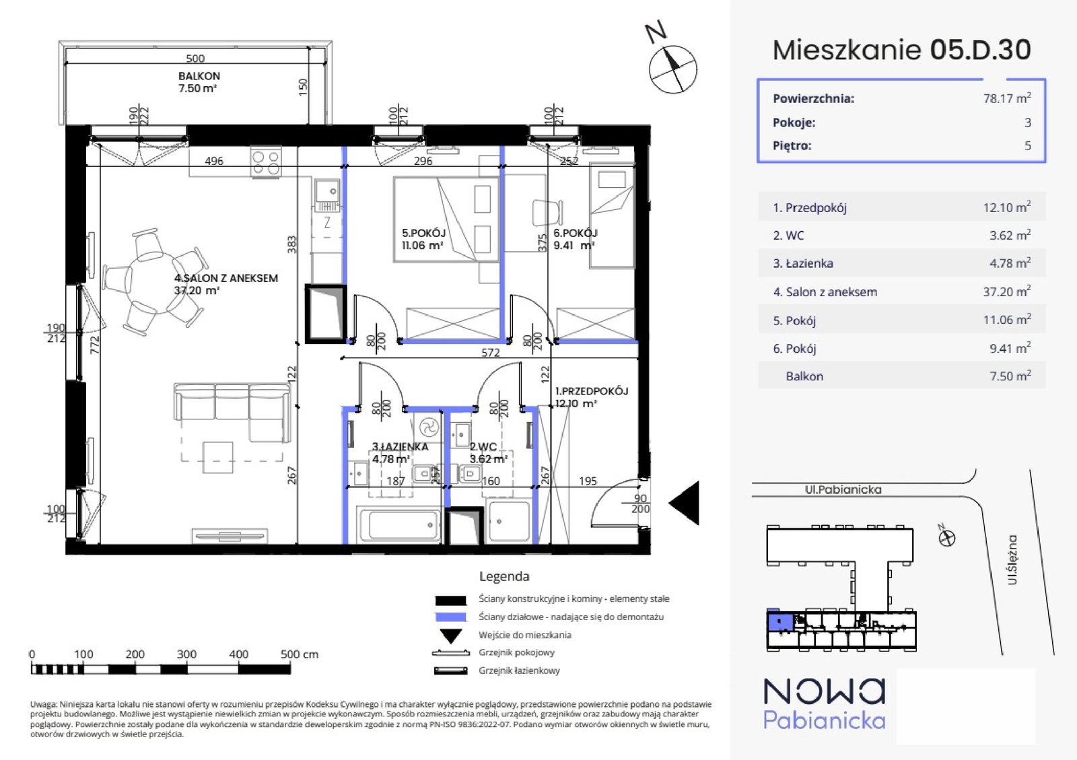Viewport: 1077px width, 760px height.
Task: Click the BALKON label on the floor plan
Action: (199, 76)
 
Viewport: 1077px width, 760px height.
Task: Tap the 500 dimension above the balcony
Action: (195, 58)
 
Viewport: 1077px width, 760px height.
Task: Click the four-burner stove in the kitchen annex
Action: (266, 162)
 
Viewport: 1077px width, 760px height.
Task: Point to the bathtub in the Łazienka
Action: (398, 524)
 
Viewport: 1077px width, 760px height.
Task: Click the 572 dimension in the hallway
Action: (491, 352)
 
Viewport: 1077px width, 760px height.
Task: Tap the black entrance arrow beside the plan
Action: (684, 504)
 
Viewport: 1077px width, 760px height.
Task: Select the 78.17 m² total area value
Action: (1007, 98)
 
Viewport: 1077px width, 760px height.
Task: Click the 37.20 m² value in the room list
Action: (1007, 291)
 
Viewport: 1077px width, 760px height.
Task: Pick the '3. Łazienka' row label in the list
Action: (803, 263)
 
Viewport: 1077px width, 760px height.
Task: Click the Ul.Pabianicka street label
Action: (843, 489)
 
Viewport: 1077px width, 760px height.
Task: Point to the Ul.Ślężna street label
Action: (1012, 559)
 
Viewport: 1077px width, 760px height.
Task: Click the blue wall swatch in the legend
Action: (450, 617)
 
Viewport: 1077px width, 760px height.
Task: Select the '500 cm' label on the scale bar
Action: (299, 654)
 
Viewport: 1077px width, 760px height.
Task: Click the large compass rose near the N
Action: (672, 69)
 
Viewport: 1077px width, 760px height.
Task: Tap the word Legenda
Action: (504, 576)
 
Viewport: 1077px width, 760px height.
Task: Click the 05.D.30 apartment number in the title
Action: (980, 50)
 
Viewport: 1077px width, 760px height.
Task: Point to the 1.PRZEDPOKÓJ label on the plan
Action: (592, 391)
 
